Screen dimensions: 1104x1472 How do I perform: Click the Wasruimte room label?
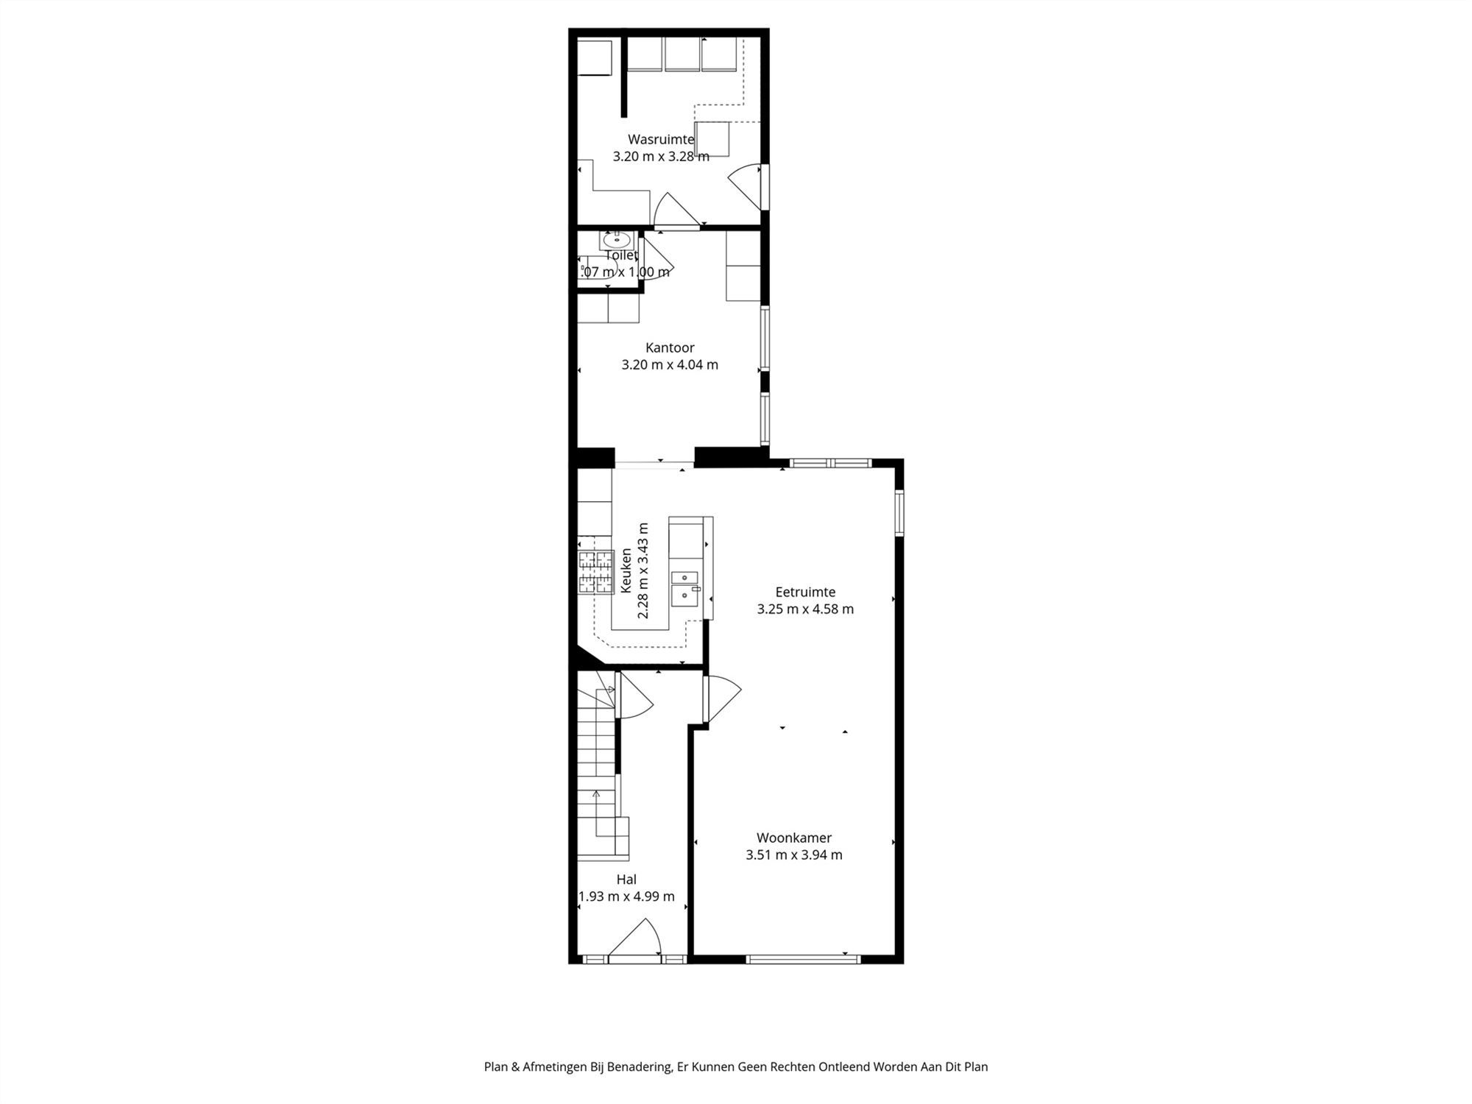point(660,139)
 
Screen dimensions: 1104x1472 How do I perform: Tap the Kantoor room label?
point(670,347)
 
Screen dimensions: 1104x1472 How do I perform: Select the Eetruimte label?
point(805,592)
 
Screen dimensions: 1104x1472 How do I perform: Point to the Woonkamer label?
point(794,838)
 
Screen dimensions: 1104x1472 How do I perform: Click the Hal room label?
point(626,879)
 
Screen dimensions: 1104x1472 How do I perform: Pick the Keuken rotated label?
point(626,570)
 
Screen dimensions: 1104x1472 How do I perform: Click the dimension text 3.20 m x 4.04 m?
point(670,364)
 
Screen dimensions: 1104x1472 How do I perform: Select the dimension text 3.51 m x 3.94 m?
point(794,854)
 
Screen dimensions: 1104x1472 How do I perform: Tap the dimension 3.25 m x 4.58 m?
point(805,609)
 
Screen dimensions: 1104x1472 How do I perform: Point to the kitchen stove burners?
point(595,572)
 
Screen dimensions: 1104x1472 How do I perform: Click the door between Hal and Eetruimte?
point(721,699)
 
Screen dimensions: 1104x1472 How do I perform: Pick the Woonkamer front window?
point(802,958)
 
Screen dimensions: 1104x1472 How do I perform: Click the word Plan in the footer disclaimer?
point(495,1066)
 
